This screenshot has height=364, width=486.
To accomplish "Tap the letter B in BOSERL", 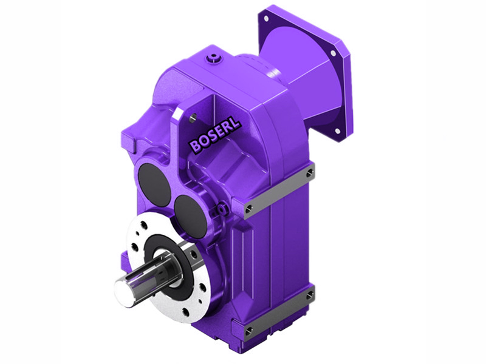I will pyautogui.click(x=194, y=146).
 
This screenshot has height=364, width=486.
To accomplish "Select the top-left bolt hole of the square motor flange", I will pyautogui.click(x=265, y=19).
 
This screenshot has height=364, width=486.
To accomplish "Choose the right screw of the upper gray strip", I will pyautogui.click(x=310, y=173).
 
